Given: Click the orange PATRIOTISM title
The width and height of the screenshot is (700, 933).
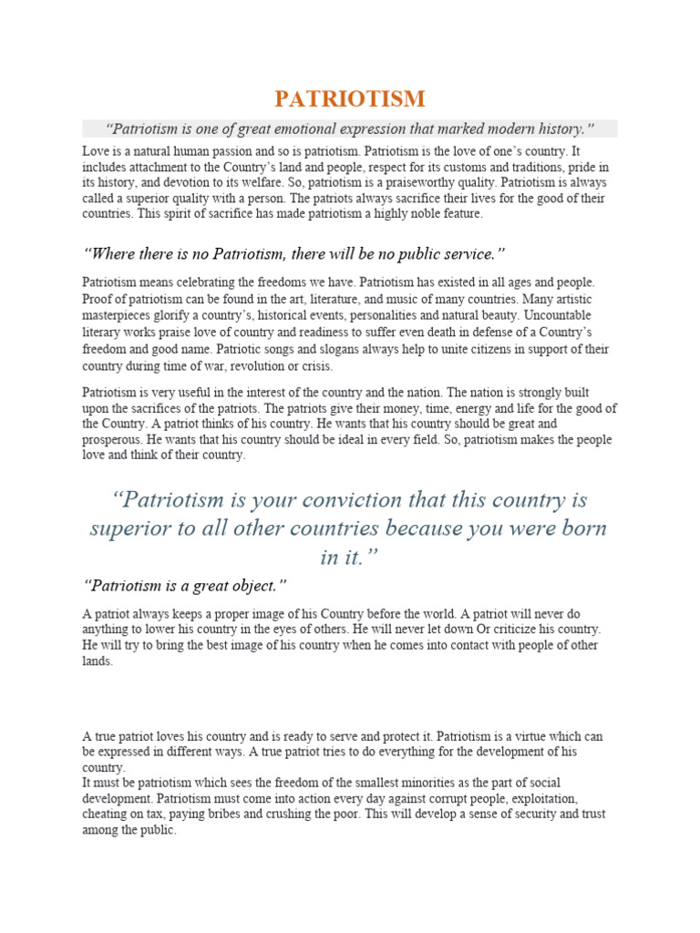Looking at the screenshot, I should pyautogui.click(x=350, y=97).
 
